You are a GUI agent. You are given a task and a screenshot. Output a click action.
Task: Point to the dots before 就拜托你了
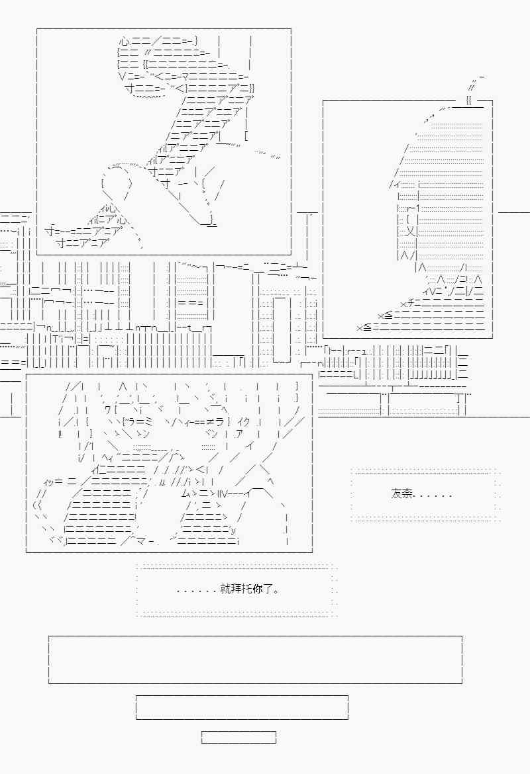tap(197, 590)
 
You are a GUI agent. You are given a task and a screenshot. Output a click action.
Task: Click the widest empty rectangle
tap(255, 660)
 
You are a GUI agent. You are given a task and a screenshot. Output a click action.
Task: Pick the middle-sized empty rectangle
tap(242, 707)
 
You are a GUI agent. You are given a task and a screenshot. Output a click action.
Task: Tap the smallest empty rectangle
tap(238, 737)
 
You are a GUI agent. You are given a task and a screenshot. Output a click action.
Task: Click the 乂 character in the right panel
tap(410, 232)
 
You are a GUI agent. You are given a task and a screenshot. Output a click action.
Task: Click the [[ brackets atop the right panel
tap(469, 101)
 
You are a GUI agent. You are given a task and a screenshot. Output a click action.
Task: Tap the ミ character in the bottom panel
tap(149, 421)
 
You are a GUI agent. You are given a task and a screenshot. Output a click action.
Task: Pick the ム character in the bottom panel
tap(185, 493)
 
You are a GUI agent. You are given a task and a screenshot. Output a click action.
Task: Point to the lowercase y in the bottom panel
tap(233, 529)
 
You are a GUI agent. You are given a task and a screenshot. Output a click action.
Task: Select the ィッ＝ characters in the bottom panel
tap(53, 481)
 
